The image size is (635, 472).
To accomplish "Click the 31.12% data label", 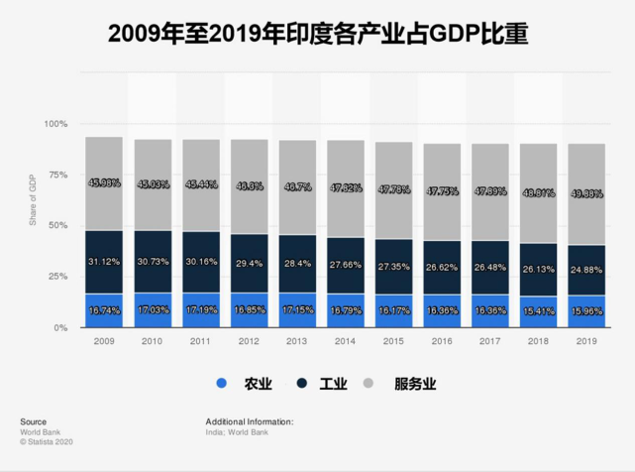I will coord(103,261).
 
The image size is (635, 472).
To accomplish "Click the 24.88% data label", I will coord(584,270).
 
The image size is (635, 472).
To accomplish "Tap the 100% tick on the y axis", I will coord(56,124).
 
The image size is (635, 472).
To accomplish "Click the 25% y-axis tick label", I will coord(58,277).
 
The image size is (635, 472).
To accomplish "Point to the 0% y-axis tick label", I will coord(61,327).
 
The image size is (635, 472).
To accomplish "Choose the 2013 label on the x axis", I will coord(296,341).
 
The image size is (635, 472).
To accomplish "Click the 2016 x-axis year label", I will coord(441,341).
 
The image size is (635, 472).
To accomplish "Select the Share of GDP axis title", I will coord(32,199).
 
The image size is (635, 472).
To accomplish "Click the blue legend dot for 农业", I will coord(222,384).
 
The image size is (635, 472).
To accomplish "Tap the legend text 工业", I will coord(332,384).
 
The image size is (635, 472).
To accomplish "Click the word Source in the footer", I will coord(33,421).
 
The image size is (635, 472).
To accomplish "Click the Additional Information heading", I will coord(249,421).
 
